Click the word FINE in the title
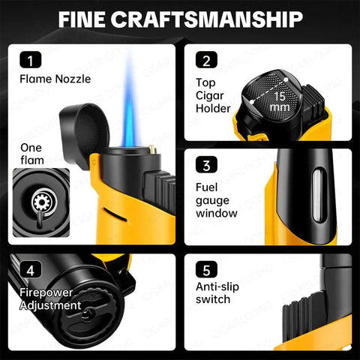[82, 19]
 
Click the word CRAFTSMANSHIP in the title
[207, 19]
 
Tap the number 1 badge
[31, 60]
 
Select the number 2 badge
[206, 60]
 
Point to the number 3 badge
[206, 164]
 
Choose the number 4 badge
[31, 269]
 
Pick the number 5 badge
[206, 269]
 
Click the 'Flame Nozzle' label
[55, 79]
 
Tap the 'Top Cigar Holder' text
[213, 95]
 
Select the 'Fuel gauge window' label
[217, 200]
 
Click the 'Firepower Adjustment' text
[50, 299]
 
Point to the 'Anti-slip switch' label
[217, 293]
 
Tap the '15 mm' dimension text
[280, 102]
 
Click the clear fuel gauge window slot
[318, 196]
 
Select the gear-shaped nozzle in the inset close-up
[41, 202]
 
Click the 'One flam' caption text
[32, 154]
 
